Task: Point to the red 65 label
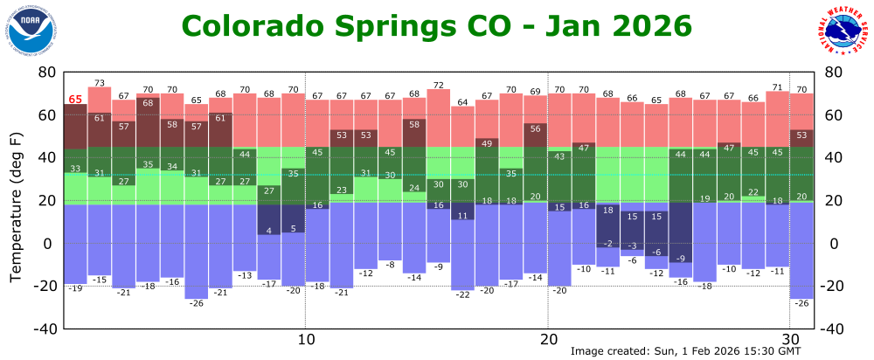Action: tap(76, 100)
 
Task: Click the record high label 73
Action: tap(100, 83)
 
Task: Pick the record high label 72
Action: tap(439, 85)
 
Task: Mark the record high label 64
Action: tap(462, 101)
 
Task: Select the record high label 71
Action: tap(777, 87)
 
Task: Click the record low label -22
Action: tap(462, 294)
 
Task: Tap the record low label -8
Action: tap(390, 265)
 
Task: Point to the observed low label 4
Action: tap(269, 231)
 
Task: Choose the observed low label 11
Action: tap(462, 216)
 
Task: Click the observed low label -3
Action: tap(633, 246)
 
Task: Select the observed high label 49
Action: tap(487, 143)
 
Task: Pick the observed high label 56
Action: tap(535, 128)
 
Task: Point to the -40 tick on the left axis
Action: tap(45, 329)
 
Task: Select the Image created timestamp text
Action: tap(685, 351)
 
